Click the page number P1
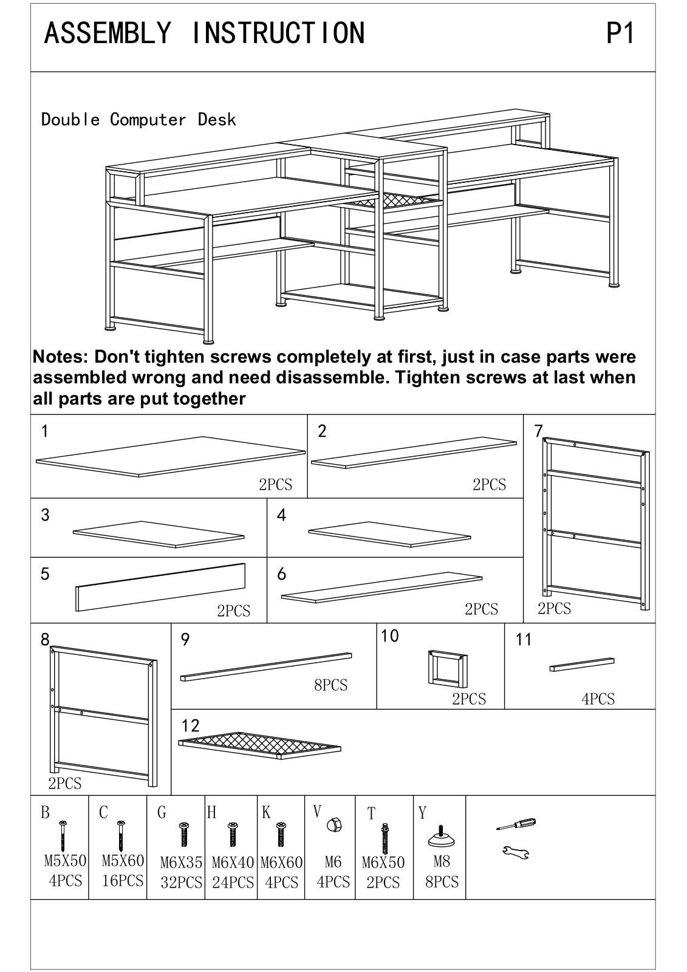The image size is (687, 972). pyautogui.click(x=620, y=33)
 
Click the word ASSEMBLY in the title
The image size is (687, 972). pyautogui.click(x=108, y=33)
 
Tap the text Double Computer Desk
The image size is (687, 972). pyautogui.click(x=138, y=119)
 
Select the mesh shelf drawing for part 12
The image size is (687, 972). pyautogui.click(x=259, y=745)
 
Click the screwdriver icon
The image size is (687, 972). pyautogui.click(x=516, y=824)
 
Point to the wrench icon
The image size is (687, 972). pyautogui.click(x=516, y=853)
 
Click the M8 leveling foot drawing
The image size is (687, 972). pyautogui.click(x=442, y=836)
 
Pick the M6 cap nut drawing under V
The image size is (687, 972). pyautogui.click(x=334, y=824)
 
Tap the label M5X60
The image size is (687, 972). pyautogui.click(x=123, y=860)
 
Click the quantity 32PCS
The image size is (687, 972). pyautogui.click(x=182, y=882)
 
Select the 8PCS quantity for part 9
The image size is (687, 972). pyautogui.click(x=330, y=685)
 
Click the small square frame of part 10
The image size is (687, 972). pyautogui.click(x=448, y=669)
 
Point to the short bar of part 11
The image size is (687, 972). pyautogui.click(x=582, y=665)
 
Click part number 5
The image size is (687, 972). pyautogui.click(x=45, y=574)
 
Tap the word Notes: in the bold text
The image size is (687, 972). pyautogui.click(x=61, y=357)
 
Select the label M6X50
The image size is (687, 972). pyautogui.click(x=383, y=862)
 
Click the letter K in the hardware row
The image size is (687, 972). pyautogui.click(x=266, y=812)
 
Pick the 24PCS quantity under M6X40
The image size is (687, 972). pyautogui.click(x=233, y=882)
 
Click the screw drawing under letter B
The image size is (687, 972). pyautogui.click(x=63, y=836)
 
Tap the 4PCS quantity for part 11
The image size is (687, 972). pyautogui.click(x=598, y=699)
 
